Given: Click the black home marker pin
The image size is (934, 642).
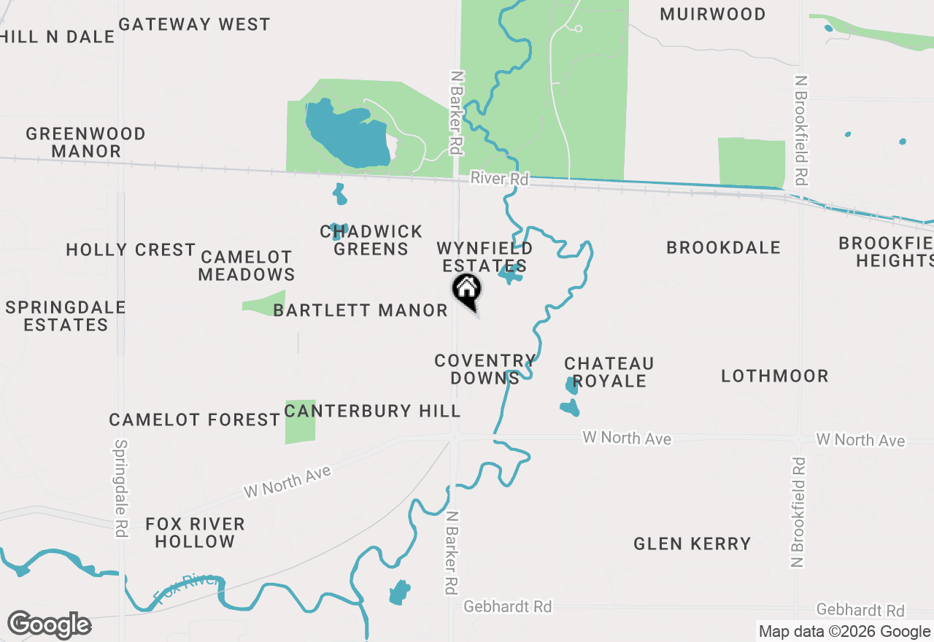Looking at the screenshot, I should coord(467,290).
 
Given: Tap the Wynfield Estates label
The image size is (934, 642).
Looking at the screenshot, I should coord(484,257).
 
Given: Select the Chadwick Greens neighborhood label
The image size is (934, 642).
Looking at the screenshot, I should coord(371,240).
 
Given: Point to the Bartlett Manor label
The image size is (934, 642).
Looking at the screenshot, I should coord(360,310).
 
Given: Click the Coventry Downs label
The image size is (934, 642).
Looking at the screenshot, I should coord(484,369).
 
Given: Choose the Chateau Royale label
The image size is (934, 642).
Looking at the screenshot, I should coord(609,372).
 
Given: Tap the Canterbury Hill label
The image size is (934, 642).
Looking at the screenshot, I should coord(372,411).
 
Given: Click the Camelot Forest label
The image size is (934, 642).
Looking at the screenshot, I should coord(194,419).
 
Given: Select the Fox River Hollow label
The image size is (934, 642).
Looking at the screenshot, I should coord(194,533).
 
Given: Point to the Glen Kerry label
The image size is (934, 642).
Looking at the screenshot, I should coord(692,544).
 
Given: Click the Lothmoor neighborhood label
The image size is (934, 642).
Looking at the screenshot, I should coord(774,376).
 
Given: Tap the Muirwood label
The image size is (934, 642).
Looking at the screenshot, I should coord(712,14).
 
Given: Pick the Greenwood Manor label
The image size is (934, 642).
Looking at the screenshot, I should coord(85,142).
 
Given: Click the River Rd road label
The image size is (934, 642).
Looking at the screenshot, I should coord(499,178).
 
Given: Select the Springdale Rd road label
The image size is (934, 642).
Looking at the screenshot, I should coord(121,488).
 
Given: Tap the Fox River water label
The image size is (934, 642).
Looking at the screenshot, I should coord(187,589).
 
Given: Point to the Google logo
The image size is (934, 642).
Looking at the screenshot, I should coord(49,624).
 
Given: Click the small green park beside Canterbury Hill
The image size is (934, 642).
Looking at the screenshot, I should coord(300,422).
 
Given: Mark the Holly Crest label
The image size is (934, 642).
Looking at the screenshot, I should coord(131,250).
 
